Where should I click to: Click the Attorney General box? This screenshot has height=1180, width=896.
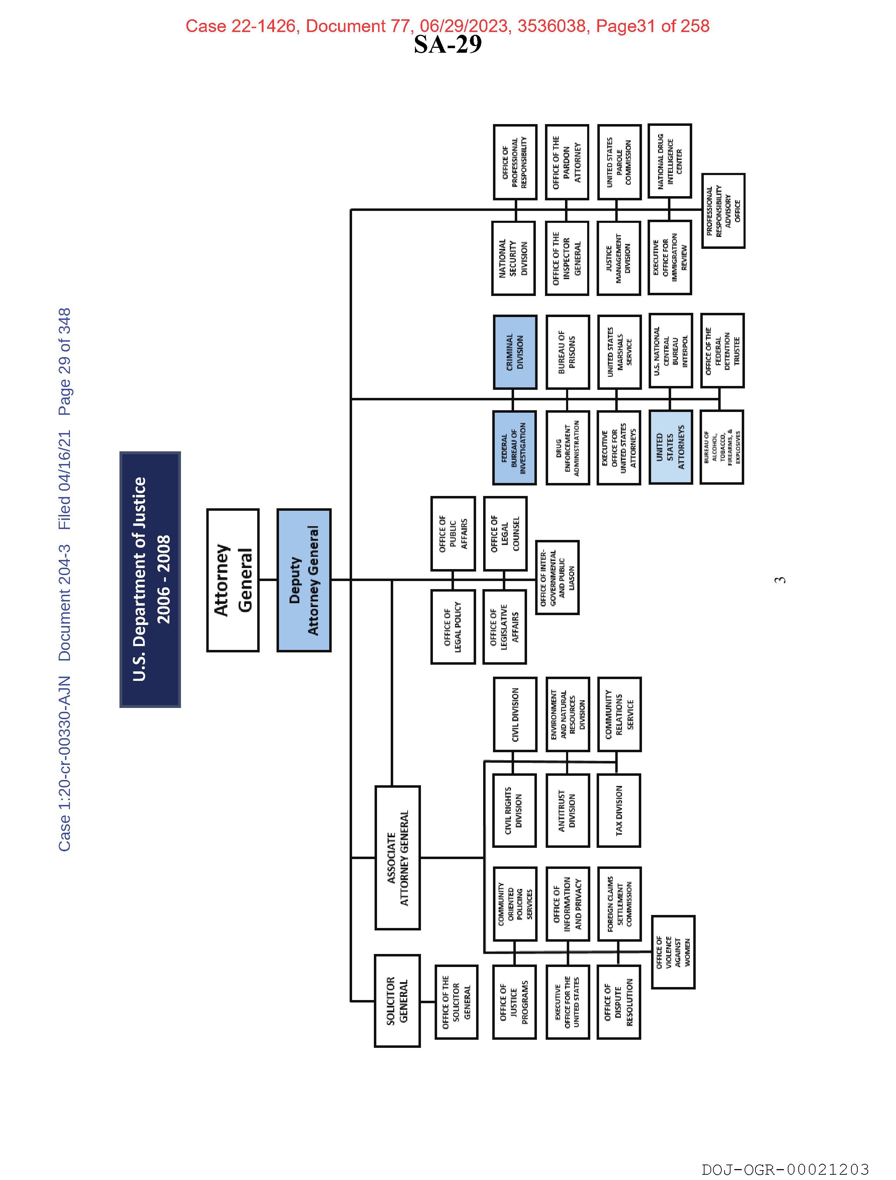point(233,580)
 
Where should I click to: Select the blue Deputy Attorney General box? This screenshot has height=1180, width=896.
point(304,580)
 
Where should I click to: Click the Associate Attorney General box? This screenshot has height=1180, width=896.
point(397,858)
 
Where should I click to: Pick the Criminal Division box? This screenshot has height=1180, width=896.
point(515,352)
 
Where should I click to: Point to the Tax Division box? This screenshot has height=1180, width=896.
point(619,810)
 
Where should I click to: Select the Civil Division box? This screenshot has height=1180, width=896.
point(515,714)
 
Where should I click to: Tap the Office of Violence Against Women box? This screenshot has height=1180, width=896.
point(673,952)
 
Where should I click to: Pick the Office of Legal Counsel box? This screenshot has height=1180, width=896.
point(505,534)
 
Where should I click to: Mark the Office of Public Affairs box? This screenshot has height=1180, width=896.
point(453,534)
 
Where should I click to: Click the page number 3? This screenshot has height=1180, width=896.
point(781,580)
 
